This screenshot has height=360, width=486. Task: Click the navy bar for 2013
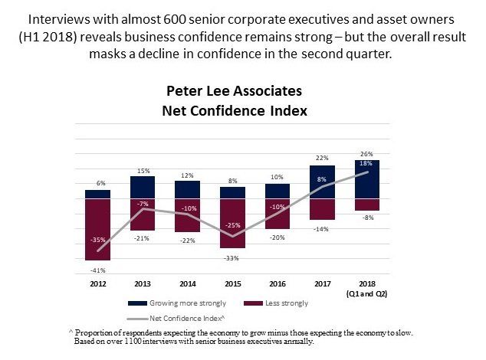tap(143, 188)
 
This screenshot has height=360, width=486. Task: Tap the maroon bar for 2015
tap(232, 223)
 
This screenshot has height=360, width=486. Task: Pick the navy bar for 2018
tap(367, 179)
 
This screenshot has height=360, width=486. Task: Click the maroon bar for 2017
tap(322, 209)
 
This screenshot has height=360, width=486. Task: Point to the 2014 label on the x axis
tap(188, 282)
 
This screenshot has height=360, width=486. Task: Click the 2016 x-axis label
tap(277, 282)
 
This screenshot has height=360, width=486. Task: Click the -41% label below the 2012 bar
tap(98, 270)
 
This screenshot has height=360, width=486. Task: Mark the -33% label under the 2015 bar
tap(233, 257)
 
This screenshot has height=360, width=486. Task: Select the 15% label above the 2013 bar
tap(143, 171)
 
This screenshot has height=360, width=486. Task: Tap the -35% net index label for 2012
tap(98, 240)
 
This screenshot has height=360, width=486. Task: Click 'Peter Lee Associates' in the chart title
tap(234, 91)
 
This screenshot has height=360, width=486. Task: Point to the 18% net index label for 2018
tap(367, 163)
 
